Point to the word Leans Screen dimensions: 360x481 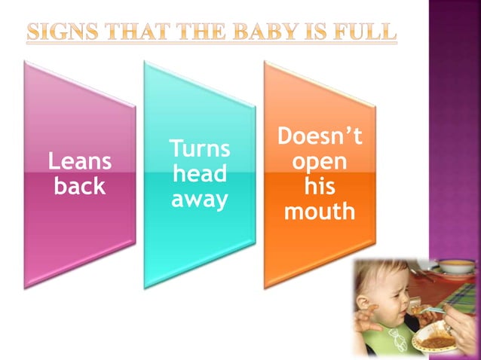click(x=80, y=160)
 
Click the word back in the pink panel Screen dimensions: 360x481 click(x=80, y=186)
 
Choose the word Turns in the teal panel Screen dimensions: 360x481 click(x=199, y=148)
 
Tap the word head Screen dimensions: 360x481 click(x=199, y=174)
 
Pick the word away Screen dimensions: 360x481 click(x=199, y=200)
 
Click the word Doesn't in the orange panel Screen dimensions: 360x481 click(x=320, y=136)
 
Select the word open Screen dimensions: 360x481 click(x=320, y=162)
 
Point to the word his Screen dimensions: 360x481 click(x=320, y=186)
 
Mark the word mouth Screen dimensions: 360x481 click(x=320, y=212)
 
